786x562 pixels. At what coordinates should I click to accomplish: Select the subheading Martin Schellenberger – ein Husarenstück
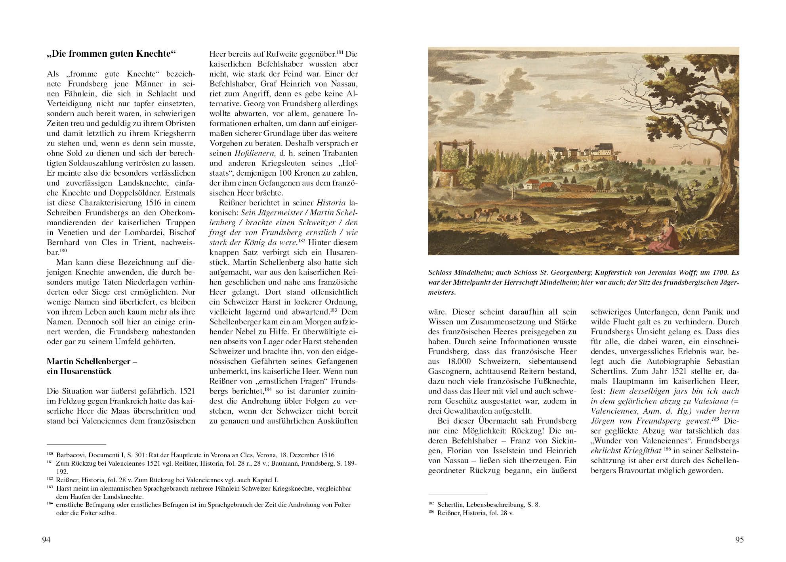pyautogui.click(x=92, y=366)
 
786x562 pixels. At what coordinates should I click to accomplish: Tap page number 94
pyautogui.click(x=46, y=539)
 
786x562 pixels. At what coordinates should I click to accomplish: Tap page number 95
pyautogui.click(x=739, y=539)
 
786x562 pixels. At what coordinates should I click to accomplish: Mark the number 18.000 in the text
pyautogui.click(x=458, y=361)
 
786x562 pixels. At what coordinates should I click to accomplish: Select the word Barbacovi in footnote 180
pyautogui.click(x=70, y=455)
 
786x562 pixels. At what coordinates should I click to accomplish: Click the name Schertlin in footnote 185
pyautogui.click(x=450, y=504)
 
